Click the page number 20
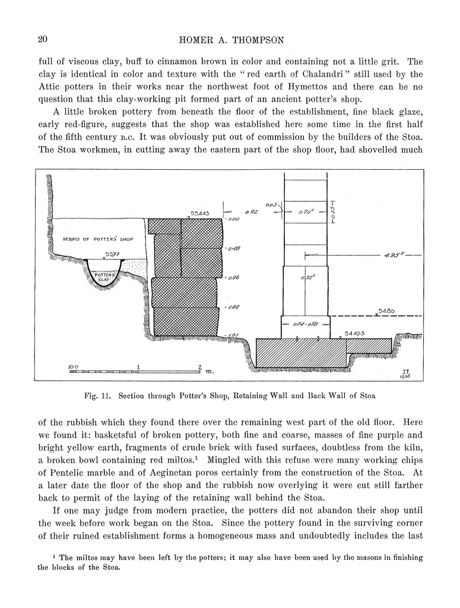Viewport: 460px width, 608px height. pyautogui.click(x=42, y=40)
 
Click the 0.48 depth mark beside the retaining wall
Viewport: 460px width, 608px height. pyautogui.click(x=233, y=249)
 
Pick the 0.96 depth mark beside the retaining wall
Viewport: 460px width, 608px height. pyautogui.click(x=233, y=277)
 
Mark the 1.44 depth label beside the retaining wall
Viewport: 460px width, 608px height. pyautogui.click(x=233, y=306)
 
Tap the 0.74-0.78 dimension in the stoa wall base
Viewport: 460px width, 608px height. pyautogui.click(x=306, y=324)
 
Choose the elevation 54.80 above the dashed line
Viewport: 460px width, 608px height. pyautogui.click(x=387, y=311)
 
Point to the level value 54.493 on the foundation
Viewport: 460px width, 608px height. pyautogui.click(x=354, y=334)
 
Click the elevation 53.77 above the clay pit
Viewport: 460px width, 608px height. pyautogui.click(x=112, y=255)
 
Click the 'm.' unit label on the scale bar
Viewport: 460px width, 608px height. pyautogui.click(x=209, y=371)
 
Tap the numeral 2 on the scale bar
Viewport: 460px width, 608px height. pyautogui.click(x=200, y=366)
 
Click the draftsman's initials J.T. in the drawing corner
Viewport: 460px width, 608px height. pyautogui.click(x=405, y=370)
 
